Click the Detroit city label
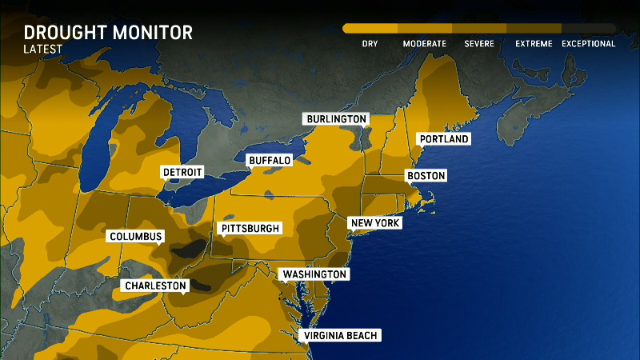click(182, 172)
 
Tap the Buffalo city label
click(269, 160)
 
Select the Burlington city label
click(336, 119)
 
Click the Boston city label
click(426, 176)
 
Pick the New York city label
click(374, 223)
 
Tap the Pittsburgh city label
click(250, 229)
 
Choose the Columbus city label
click(136, 236)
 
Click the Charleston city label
click(155, 286)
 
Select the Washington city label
click(314, 274)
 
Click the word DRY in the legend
click(370, 44)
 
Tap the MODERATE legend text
click(424, 44)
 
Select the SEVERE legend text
click(479, 44)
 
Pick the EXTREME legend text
click(534, 44)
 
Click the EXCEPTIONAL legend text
click(588, 44)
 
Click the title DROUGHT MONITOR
click(107, 33)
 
